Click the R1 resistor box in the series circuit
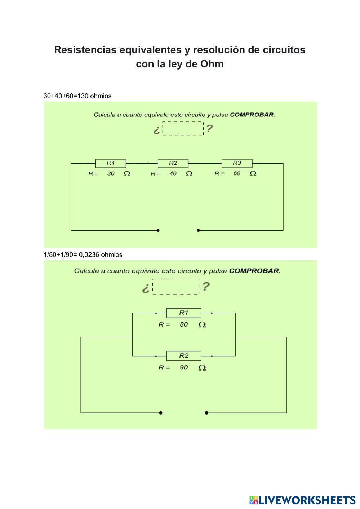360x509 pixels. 111,163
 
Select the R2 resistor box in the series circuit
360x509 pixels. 173,163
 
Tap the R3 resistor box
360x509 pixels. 237,163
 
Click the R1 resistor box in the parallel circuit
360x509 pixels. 184,313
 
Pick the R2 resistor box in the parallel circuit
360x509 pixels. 184,356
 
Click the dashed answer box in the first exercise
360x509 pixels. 183,128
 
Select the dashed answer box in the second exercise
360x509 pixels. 175,286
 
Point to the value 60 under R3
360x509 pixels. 237,173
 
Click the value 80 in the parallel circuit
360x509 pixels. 184,324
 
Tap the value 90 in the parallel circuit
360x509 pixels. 184,368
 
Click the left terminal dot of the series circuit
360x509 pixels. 158,230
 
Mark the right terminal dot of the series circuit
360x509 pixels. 198,230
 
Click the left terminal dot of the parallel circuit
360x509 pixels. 161,413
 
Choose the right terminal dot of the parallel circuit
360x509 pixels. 206,413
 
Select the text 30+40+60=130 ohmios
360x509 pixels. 77,96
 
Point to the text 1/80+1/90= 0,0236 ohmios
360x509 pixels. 83,254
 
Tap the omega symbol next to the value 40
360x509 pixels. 189,174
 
